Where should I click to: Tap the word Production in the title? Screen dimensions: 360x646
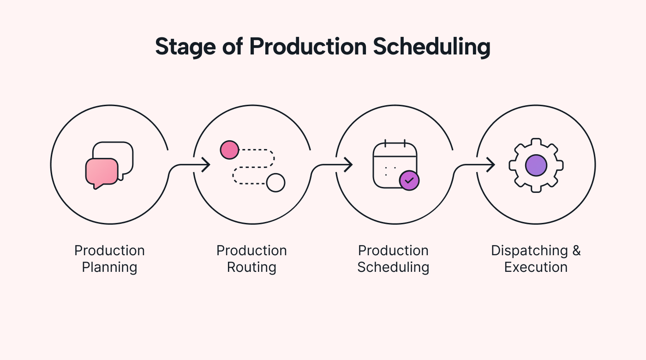(308, 47)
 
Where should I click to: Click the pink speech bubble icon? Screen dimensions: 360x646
(102, 172)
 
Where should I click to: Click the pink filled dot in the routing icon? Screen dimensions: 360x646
(229, 150)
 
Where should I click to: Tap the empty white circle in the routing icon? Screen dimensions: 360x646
(275, 183)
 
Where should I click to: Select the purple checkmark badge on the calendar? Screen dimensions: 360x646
(409, 180)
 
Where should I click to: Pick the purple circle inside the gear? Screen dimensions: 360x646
(536, 165)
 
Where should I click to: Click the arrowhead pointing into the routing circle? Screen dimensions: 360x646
(207, 165)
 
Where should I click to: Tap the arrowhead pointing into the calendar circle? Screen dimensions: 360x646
(349, 165)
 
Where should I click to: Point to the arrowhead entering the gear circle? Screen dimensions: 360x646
(491, 165)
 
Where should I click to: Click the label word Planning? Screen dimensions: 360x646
(109, 268)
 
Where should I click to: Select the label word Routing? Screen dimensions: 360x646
(251, 268)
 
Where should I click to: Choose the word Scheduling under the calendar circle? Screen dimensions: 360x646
(393, 268)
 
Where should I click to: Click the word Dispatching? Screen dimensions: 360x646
(529, 251)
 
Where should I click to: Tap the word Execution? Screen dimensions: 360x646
(536, 268)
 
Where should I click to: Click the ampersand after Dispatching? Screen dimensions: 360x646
(576, 251)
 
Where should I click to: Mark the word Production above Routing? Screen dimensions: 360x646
(251, 251)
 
